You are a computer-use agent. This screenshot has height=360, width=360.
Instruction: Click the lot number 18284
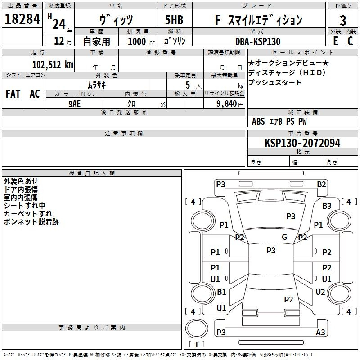22,19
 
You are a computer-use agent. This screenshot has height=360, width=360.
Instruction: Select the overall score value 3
343,20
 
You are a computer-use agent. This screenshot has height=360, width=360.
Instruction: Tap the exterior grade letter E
335,40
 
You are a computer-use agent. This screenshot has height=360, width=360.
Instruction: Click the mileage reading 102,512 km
53,64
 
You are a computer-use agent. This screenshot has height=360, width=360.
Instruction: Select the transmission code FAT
13,94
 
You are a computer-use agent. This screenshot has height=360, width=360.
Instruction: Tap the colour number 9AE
75,103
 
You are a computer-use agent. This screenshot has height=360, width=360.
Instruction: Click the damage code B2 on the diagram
321,184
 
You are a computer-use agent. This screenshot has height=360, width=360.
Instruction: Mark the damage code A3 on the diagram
320,332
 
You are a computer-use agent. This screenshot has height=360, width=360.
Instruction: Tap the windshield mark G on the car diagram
284,237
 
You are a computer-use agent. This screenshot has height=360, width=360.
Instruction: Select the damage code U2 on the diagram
320,292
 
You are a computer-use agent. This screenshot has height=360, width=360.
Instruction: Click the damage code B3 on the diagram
327,206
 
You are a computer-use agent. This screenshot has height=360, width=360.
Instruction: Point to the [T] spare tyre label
197,345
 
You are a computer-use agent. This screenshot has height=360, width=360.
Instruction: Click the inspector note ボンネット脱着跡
31,222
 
